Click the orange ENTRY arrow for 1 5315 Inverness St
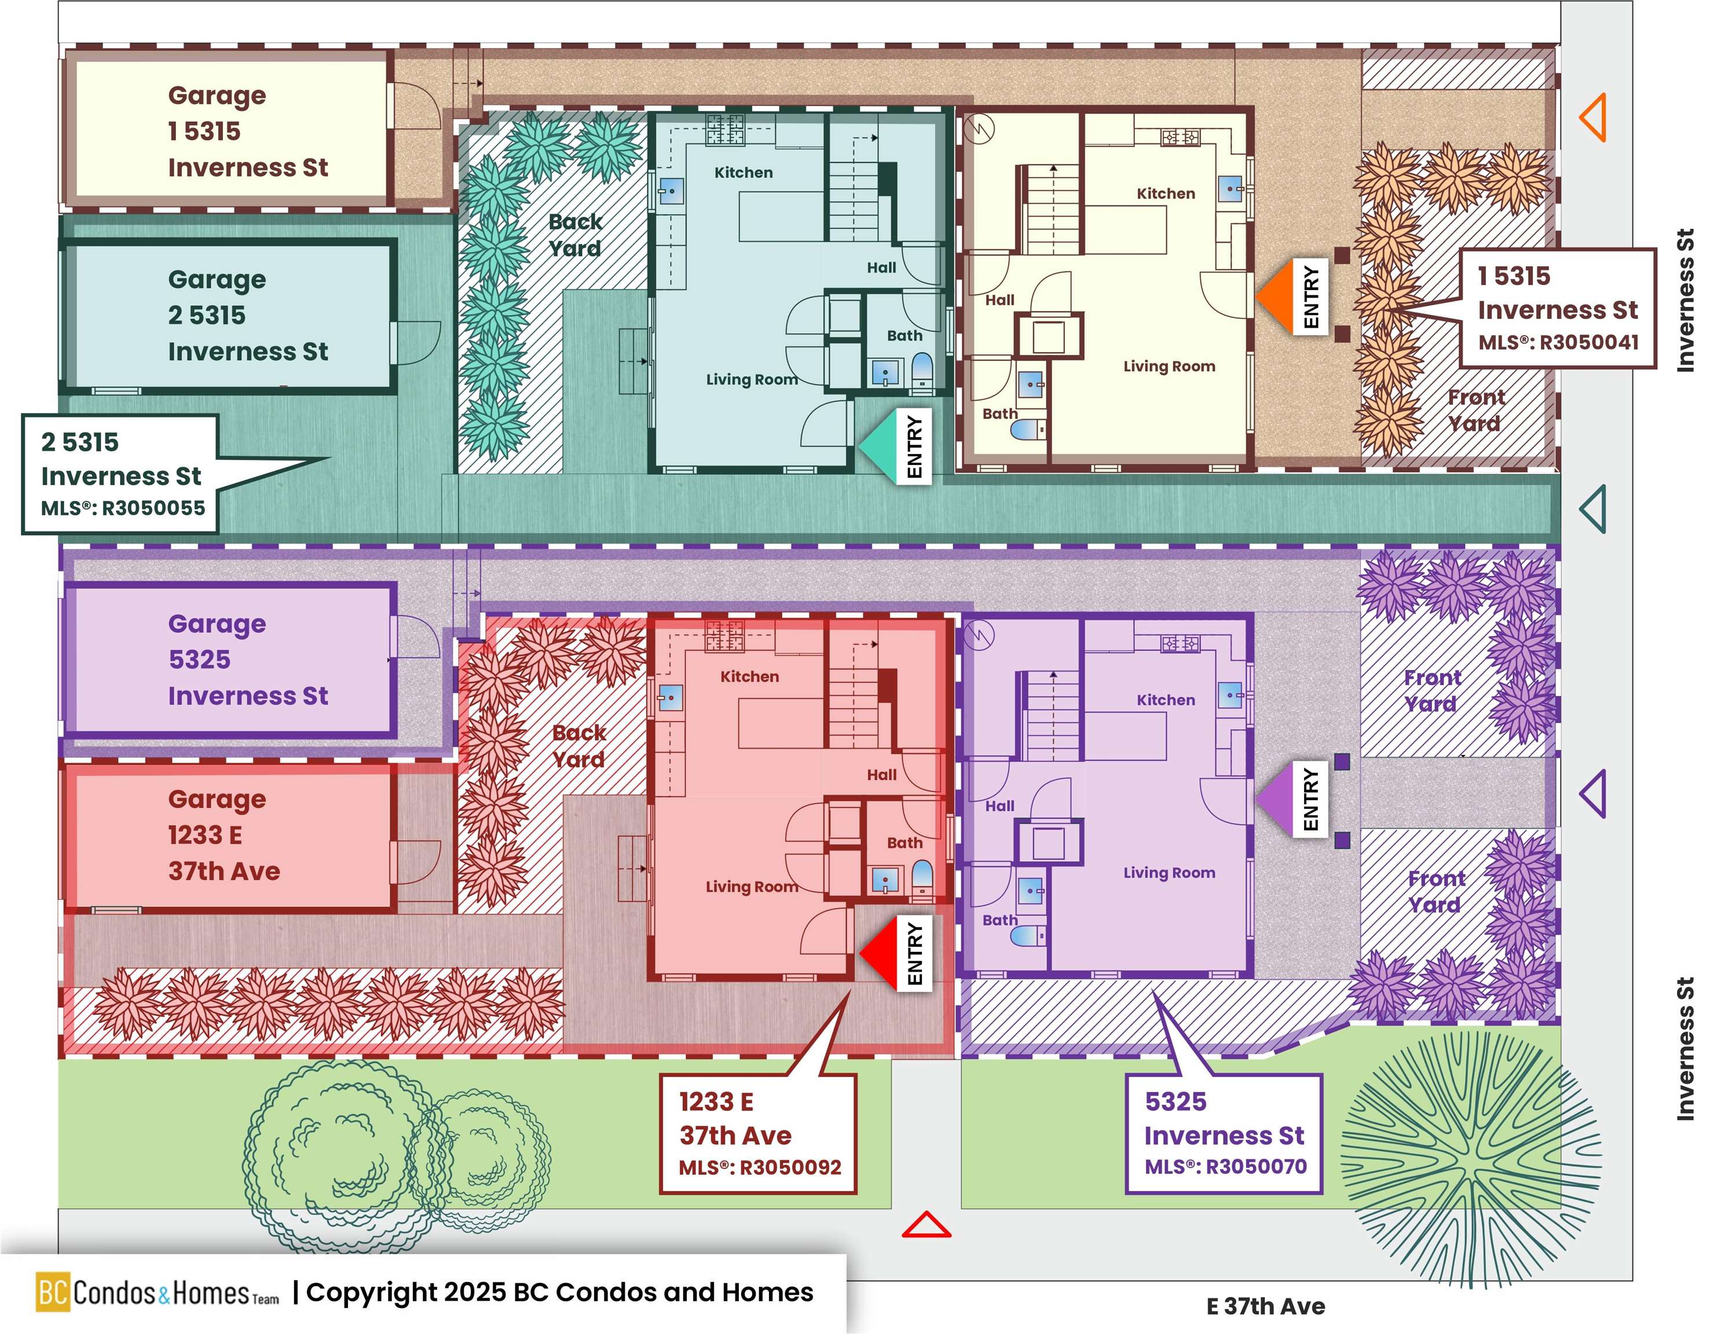pos(1273,295)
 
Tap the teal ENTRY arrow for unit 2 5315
pos(875,445)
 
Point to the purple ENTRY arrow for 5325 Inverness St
pos(1273,798)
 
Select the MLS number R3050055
pos(123,508)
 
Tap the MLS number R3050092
pos(760,1167)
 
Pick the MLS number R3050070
pos(1226,1167)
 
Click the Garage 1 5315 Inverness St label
pos(247,131)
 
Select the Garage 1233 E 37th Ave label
pos(224,835)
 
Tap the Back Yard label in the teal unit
pos(575,234)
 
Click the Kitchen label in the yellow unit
pos(1165,193)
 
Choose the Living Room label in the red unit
pos(751,887)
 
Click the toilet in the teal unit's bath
pos(922,369)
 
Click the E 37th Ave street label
pos(1265,1306)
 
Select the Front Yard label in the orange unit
pos(1475,410)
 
